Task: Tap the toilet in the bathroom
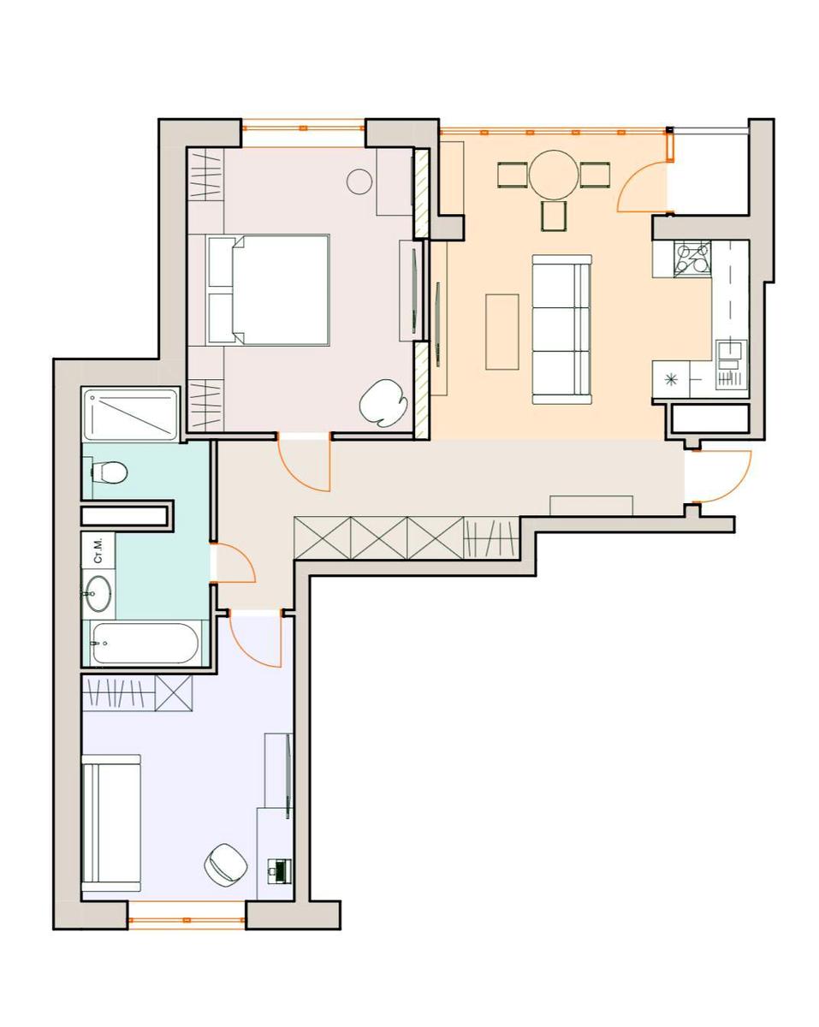[110, 472]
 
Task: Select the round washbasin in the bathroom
[98, 593]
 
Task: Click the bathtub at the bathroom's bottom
[145, 643]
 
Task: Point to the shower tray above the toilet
[131, 413]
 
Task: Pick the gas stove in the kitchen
[692, 258]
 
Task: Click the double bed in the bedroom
[268, 289]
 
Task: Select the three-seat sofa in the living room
[561, 329]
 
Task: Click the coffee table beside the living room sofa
[502, 332]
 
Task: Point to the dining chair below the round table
[554, 217]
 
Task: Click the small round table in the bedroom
[359, 181]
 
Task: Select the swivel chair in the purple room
[225, 863]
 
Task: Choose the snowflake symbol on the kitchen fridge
[671, 379]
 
